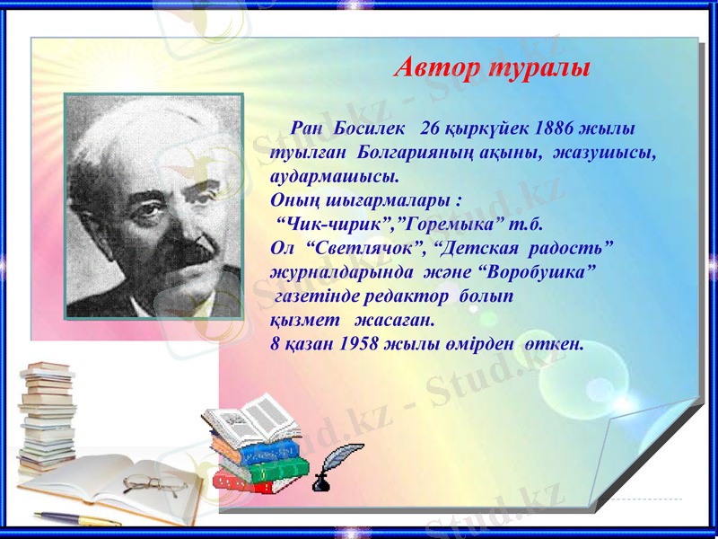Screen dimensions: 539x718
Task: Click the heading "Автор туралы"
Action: [492, 67]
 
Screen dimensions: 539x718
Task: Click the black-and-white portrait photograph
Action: [153, 205]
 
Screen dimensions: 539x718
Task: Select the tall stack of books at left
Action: [47, 413]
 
